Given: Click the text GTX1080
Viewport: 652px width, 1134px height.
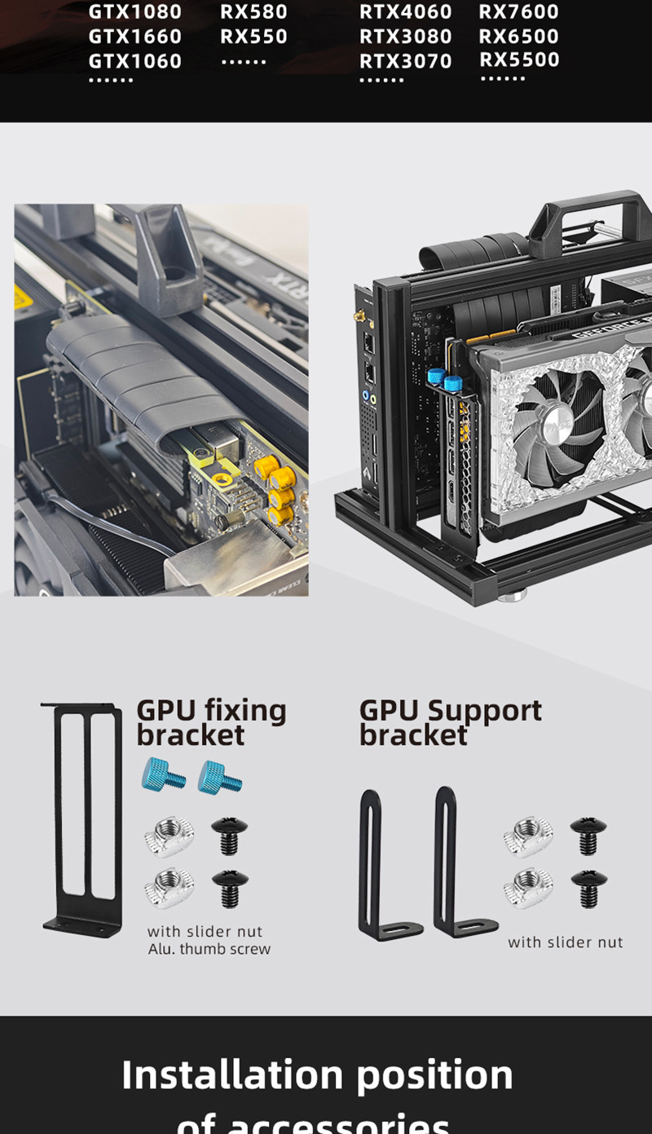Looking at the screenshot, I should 134,12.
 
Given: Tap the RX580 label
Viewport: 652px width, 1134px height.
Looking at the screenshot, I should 253,12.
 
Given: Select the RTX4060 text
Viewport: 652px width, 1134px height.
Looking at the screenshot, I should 405,12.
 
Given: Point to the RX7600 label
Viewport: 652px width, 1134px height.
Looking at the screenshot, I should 518,12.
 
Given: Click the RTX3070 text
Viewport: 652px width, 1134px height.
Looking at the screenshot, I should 405,61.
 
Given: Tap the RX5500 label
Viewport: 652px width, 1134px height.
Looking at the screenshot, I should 519,60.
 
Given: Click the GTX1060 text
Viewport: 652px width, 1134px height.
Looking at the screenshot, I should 134,61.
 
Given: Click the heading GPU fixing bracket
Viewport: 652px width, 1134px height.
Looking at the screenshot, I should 211,722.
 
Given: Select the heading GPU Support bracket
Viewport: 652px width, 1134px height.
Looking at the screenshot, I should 450,722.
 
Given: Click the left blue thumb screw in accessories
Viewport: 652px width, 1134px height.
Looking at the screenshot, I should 163,774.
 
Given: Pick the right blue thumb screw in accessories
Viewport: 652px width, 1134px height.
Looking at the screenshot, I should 220,777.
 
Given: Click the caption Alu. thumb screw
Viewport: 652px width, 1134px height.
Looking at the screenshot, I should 209,949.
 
